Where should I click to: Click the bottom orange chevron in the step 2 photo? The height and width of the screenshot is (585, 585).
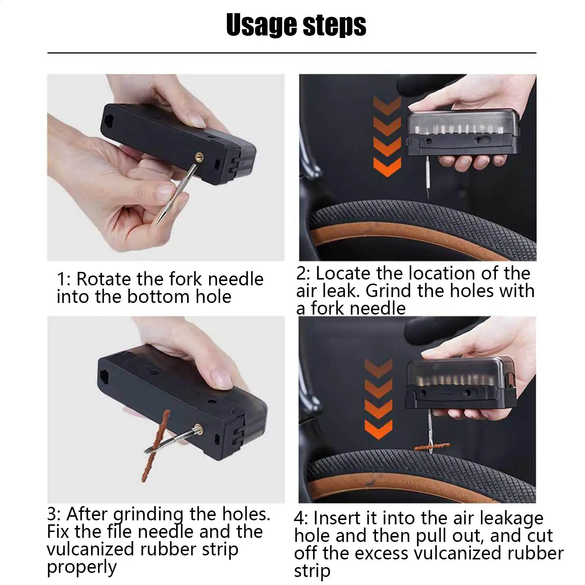387,167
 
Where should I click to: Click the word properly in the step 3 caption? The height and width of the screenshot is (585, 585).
82,568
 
